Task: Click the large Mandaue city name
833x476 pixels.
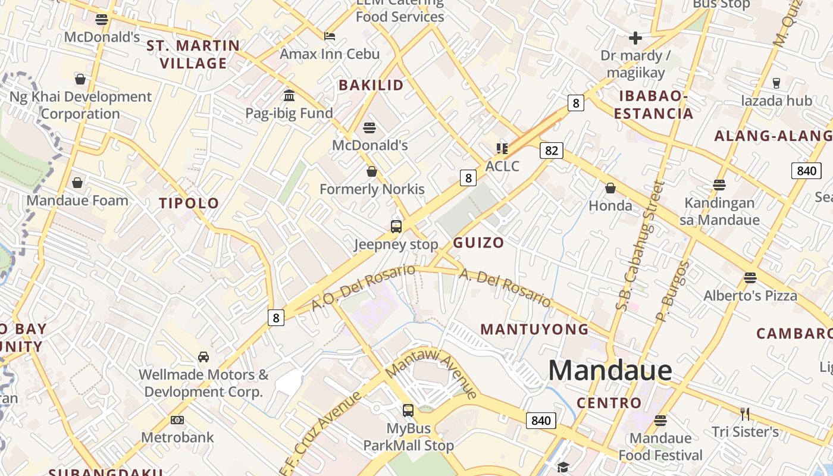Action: [610, 371]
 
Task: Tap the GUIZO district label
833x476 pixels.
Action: [478, 242]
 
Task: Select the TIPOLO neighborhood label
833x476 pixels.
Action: [189, 203]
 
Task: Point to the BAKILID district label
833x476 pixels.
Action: [371, 85]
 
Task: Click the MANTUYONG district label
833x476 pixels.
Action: [534, 329]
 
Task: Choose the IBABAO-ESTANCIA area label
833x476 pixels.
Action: [653, 104]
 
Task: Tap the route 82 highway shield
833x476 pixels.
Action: [551, 151]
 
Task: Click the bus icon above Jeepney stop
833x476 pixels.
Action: [396, 227]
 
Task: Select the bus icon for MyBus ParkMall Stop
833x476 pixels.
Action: [408, 411]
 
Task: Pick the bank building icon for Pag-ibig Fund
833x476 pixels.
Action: [289, 95]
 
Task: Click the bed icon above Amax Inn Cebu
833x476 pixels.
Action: [330, 36]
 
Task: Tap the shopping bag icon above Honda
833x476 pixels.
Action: [610, 189]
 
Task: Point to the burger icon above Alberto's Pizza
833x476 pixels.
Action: [750, 278]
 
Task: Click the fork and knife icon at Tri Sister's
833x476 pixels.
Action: [744, 414]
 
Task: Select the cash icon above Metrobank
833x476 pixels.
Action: [177, 420]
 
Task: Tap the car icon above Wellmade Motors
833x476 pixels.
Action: [203, 357]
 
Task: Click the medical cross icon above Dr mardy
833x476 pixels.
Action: [635, 39]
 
